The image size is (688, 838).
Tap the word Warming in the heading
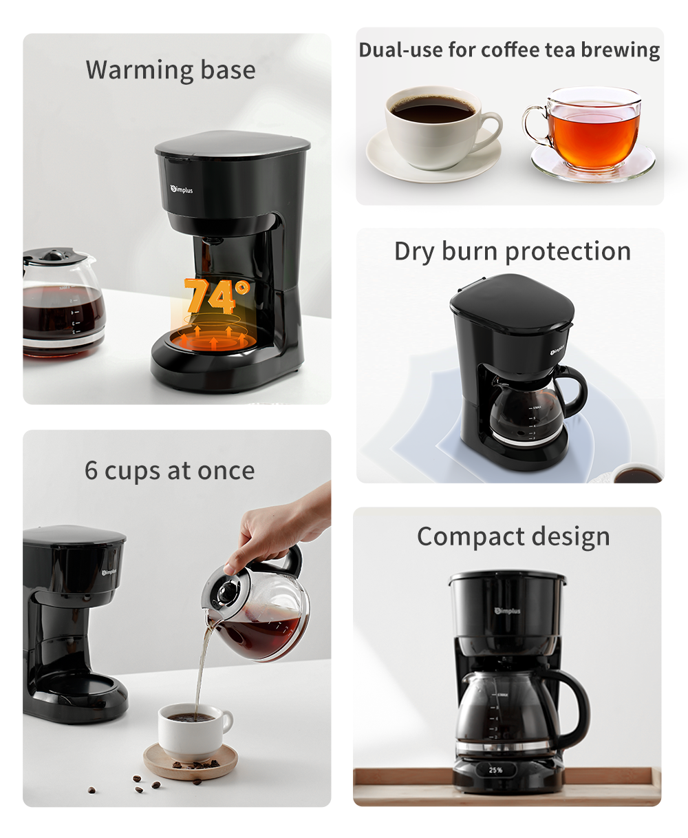(130, 70)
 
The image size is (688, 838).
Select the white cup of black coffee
(433, 127)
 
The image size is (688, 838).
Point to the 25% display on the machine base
(495, 770)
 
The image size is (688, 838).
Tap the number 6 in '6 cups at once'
(92, 470)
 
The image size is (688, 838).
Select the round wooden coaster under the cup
(191, 763)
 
